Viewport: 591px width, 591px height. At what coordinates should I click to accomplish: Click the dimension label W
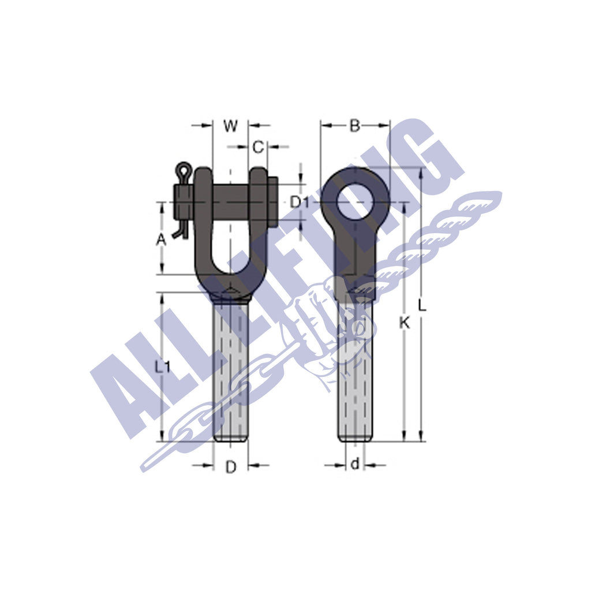[x=230, y=126]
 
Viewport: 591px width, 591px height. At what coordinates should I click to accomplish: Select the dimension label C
[x=258, y=147]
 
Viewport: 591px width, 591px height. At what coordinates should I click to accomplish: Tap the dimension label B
[x=355, y=126]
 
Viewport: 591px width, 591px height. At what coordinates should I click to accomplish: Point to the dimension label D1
[x=300, y=202]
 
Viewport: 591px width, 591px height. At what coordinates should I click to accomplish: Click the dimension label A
[x=162, y=240]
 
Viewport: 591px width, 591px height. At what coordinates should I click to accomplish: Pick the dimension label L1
[x=163, y=366]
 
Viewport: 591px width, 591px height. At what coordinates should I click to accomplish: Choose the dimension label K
[x=405, y=323]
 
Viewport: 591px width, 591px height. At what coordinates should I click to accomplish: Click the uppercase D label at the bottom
[x=230, y=467]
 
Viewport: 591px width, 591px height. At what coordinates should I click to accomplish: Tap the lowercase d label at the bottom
[x=355, y=464]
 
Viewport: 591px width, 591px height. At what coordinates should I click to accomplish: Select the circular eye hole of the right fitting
[x=356, y=202]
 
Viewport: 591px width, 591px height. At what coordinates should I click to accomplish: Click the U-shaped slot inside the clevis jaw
[x=230, y=248]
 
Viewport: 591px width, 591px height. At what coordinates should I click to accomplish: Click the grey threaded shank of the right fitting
[x=354, y=375]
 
